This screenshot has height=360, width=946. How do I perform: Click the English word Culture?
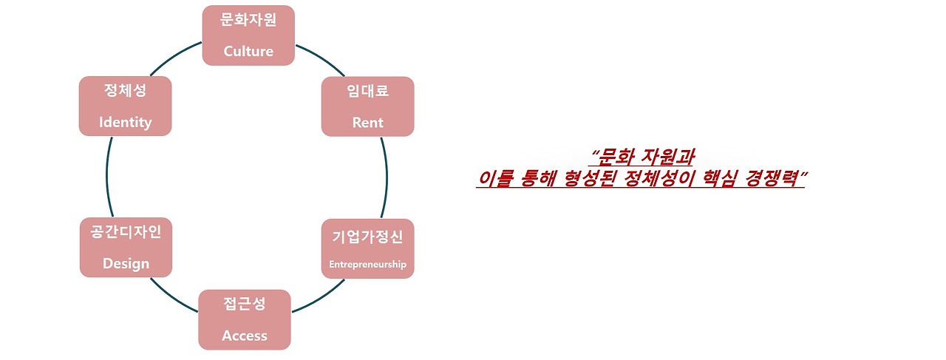pos(248,51)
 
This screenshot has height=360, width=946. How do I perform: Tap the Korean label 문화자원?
pos(248,20)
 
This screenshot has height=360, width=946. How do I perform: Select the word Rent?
pos(367,122)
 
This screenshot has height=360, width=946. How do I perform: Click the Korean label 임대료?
pos(367,91)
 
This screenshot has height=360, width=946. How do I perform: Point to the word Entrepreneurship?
pos(367,264)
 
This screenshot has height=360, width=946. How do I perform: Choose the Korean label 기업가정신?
pos(367,237)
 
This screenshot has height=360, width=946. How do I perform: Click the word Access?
pos(245,336)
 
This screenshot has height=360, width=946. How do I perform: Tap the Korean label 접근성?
pos(245,304)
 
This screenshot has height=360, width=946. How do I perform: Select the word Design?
pos(126,263)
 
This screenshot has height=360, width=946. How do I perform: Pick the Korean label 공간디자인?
pos(126,231)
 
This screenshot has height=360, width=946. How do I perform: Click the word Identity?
pos(125,122)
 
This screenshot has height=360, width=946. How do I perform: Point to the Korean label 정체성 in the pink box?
pos(125,91)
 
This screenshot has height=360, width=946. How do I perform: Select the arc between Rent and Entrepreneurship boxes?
pos(387,177)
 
